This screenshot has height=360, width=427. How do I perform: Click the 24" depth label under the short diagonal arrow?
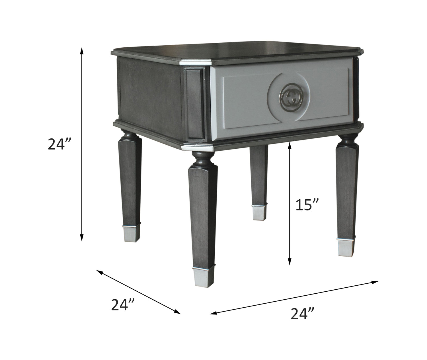[x=123, y=305]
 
